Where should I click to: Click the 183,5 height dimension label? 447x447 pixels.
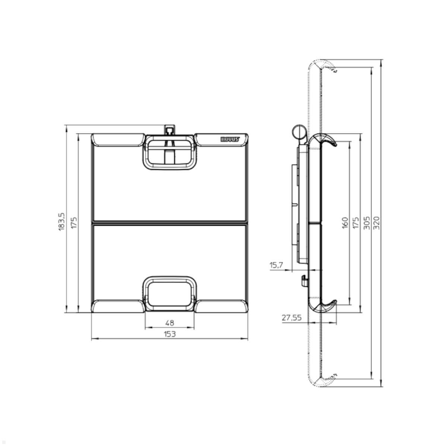(62, 222)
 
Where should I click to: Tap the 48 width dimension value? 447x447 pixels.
(169, 323)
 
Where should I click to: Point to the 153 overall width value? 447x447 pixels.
(169, 334)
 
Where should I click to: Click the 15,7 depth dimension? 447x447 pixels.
(276, 265)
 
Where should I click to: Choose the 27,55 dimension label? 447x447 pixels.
(291, 318)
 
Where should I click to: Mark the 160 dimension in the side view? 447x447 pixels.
(345, 222)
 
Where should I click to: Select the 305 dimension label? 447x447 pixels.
(366, 222)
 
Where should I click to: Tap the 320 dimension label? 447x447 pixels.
(376, 222)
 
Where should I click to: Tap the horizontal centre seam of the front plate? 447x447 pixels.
(169, 222)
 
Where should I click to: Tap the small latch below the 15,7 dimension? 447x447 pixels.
(304, 280)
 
